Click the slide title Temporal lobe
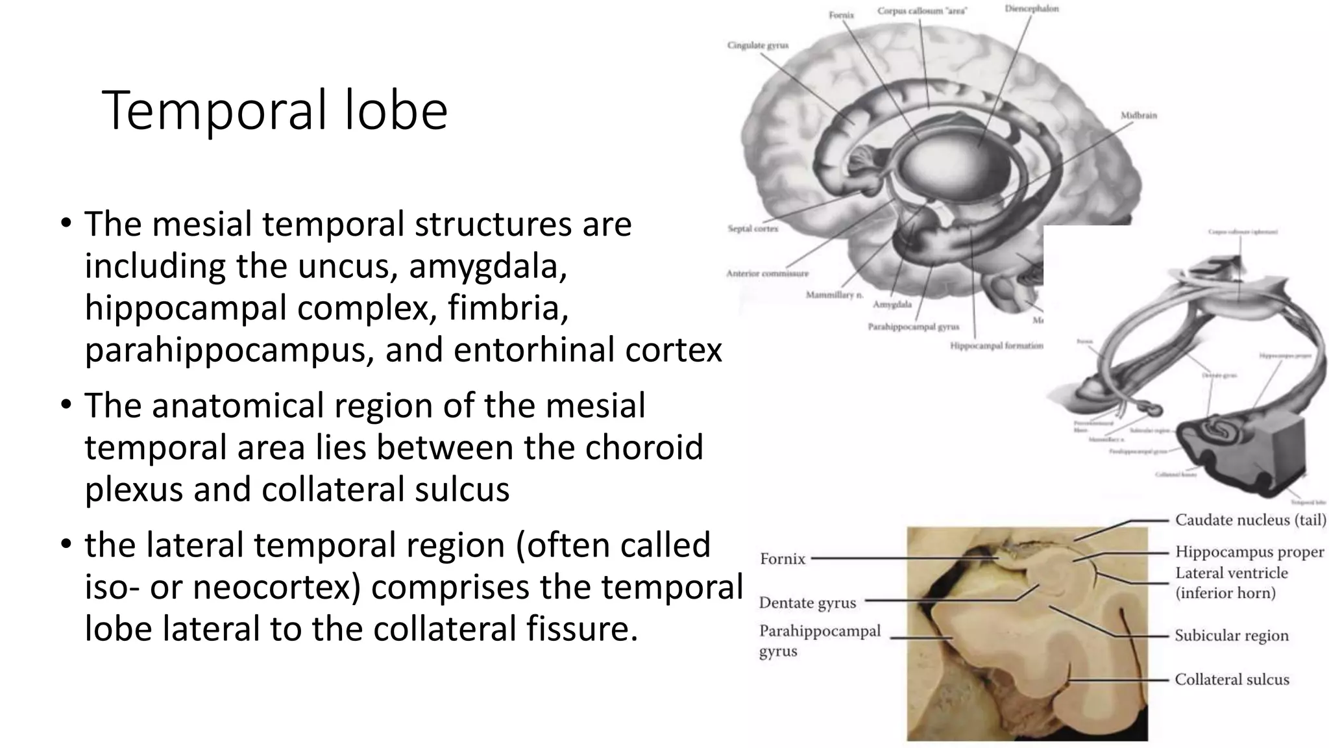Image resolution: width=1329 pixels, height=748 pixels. coord(274,110)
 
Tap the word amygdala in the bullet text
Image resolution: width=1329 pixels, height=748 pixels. coord(488,266)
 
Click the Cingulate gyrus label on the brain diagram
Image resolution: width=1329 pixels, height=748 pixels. coord(757,45)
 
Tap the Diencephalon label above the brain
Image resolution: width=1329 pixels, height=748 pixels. coord(1031,8)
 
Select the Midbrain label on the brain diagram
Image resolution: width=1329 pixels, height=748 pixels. coord(1138,115)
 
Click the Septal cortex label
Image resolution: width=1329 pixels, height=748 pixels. coord(752,229)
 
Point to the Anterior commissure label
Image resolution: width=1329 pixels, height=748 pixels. coord(767,273)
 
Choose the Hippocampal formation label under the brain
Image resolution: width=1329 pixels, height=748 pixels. coord(996,345)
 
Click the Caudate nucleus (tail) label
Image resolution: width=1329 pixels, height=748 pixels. coord(1250,520)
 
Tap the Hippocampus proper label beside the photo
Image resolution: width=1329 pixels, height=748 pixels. coord(1249,552)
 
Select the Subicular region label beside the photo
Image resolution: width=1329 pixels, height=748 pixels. coord(1231,636)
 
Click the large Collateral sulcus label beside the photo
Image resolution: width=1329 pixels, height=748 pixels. coord(1231,680)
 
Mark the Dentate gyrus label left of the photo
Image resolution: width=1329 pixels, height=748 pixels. coord(807,603)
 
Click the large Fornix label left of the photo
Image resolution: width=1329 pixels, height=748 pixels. coord(782,559)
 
